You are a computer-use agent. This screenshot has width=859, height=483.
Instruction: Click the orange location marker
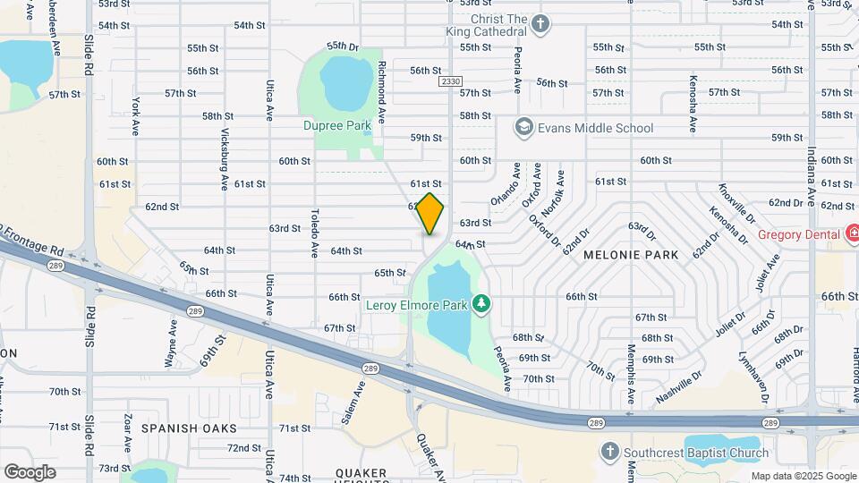430,214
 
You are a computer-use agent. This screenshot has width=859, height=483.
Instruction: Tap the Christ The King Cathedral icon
540,24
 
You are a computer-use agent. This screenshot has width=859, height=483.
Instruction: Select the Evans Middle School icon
523,128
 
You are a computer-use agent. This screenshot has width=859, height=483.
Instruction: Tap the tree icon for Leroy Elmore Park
482,305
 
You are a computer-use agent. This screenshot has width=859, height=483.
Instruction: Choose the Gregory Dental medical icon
854,235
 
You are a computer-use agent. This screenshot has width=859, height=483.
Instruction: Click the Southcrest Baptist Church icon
609,452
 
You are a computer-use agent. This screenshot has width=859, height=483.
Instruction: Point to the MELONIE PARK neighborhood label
631,255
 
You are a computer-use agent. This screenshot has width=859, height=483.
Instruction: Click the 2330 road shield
450,81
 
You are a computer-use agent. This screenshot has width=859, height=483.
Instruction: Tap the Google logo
30,471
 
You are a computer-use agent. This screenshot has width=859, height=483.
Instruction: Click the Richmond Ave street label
382,91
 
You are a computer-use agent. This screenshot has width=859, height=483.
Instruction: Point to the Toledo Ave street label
314,233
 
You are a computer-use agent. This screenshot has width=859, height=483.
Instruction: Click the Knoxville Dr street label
736,204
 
